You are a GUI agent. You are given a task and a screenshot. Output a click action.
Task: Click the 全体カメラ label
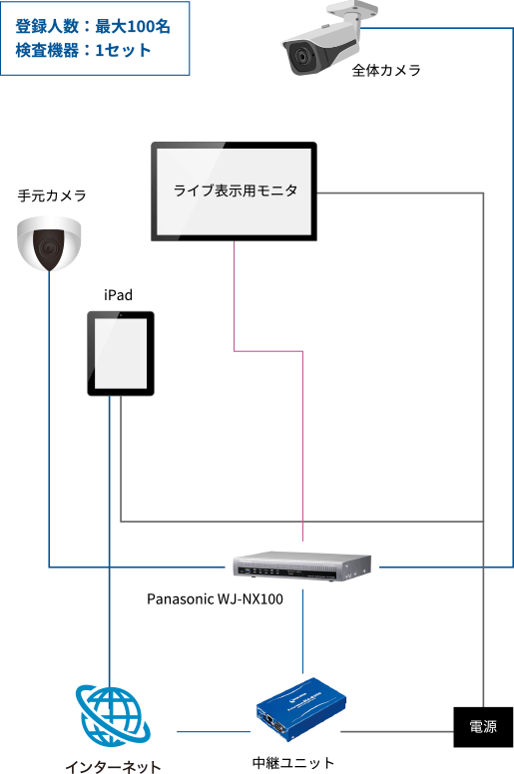coord(385,70)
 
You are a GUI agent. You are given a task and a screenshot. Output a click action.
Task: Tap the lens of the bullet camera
coord(300,56)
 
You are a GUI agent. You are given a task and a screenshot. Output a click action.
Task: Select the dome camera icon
coord(49,243)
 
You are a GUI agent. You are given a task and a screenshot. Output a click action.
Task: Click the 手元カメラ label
coord(52,195)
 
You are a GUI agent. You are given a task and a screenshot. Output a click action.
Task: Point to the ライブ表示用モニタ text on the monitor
coord(235,191)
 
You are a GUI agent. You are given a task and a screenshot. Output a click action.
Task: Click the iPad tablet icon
coord(121,353)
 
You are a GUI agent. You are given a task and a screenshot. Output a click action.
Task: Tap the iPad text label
coord(118,295)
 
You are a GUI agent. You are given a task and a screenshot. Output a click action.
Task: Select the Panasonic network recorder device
coord(301,566)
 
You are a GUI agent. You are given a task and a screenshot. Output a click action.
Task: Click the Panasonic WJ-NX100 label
coord(215,599)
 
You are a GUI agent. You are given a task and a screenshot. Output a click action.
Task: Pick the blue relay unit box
coord(300,709)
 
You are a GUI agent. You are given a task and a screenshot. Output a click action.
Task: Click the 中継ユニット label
coord(293,763)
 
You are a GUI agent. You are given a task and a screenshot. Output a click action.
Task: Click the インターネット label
coord(113,767)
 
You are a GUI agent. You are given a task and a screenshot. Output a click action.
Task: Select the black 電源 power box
coord(483,726)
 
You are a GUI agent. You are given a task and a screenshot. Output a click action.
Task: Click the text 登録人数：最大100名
coord(93,26)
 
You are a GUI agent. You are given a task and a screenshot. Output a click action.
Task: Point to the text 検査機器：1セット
coord(83,50)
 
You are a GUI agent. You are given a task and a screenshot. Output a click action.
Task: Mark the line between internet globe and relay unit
coord(214,731)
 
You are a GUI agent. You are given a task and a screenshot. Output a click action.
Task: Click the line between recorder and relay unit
coord(302,631)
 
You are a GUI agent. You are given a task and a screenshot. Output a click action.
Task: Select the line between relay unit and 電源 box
coord(397,731)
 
